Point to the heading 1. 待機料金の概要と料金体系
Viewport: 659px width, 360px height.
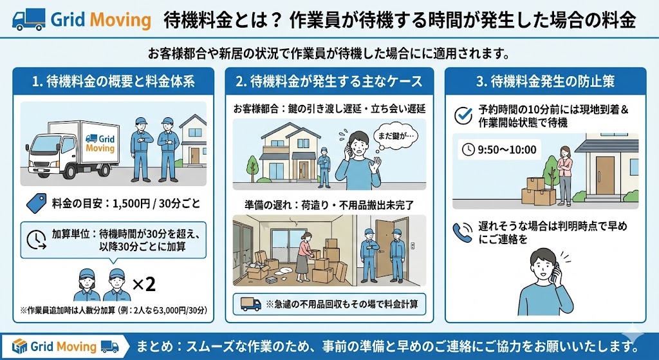pos(113,82)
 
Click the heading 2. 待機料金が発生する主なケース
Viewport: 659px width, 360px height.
pos(329,82)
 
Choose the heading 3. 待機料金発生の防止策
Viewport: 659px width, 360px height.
pos(544,82)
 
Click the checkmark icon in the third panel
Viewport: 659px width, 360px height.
pos(463,115)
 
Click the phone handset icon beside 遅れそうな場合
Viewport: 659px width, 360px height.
pos(463,232)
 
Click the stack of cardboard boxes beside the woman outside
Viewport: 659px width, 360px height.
pos(540,191)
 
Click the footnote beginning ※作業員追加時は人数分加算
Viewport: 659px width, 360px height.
pos(114,310)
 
